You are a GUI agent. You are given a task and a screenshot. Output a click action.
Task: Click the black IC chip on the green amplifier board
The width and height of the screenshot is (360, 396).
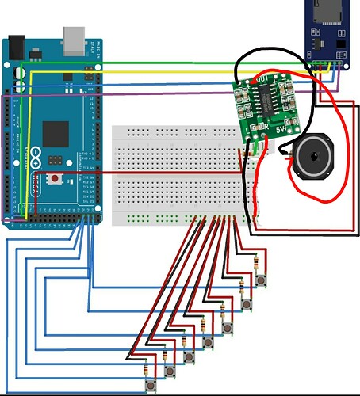click(268, 101)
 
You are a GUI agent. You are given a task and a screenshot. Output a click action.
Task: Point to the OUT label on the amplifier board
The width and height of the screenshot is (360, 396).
click(262, 80)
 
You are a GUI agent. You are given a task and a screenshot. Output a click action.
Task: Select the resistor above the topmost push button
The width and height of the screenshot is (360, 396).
click(256, 265)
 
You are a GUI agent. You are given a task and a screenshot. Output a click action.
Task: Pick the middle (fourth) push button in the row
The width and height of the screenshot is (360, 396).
click(208, 343)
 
